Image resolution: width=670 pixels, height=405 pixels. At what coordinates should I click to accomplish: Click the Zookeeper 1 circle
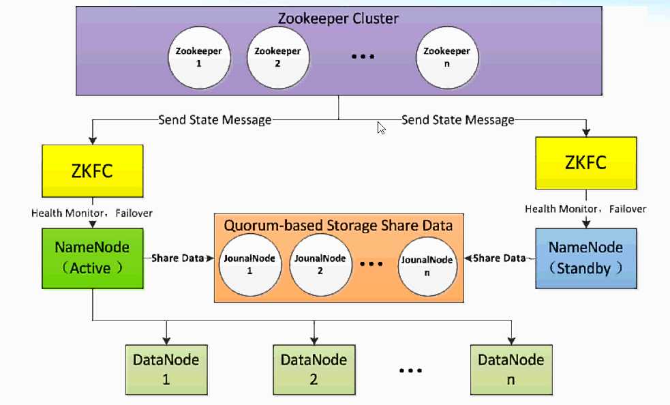coord(199,57)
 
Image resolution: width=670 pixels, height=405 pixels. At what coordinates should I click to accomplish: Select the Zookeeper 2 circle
coord(277,57)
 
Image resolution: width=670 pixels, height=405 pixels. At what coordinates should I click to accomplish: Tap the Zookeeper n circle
coord(446,57)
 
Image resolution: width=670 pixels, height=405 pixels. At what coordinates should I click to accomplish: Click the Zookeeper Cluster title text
coord(338,18)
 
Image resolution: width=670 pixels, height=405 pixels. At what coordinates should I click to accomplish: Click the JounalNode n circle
coord(427,265)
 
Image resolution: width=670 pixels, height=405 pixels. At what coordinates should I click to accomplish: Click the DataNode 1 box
coord(166,369)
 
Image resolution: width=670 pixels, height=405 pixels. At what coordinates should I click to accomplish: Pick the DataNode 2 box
coord(314,369)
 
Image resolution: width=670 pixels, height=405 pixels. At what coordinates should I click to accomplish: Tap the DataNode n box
coord(511,369)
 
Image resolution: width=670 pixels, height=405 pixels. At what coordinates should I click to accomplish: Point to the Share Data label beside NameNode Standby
coord(500,258)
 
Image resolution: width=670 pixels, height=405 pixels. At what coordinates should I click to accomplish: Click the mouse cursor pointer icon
coord(381,127)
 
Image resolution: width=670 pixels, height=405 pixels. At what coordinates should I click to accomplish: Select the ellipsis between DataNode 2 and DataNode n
coord(412,370)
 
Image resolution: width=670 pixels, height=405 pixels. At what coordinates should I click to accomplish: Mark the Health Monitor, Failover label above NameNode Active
coord(92,213)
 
